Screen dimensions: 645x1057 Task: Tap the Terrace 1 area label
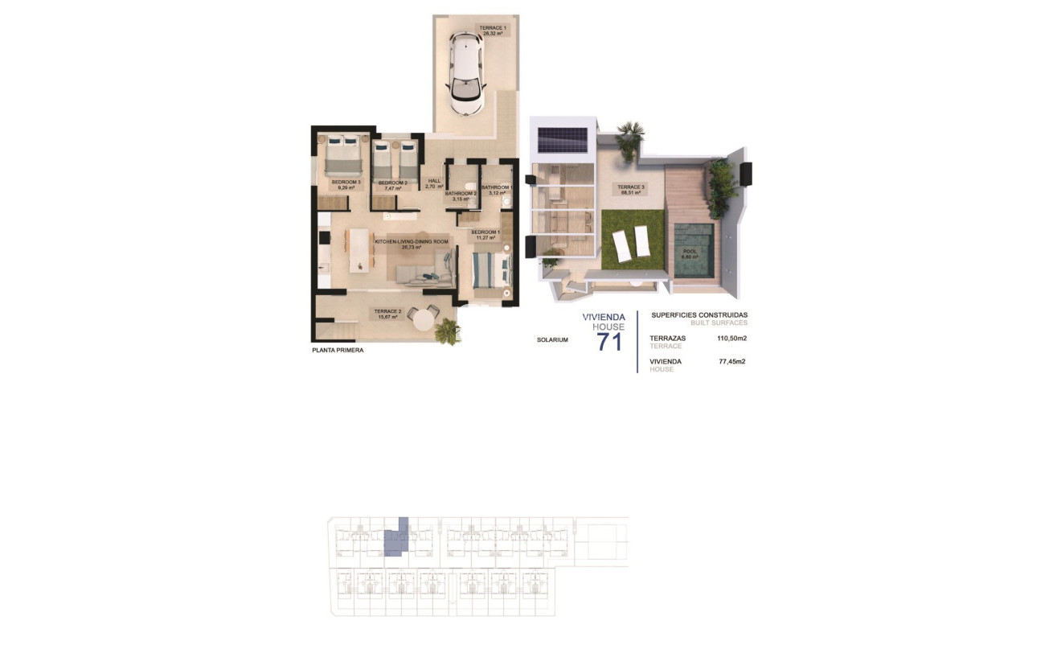(x=493, y=31)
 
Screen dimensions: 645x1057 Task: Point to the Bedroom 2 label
(x=393, y=185)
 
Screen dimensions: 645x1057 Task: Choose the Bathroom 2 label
(x=461, y=195)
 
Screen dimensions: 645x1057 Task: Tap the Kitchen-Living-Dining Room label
(x=411, y=244)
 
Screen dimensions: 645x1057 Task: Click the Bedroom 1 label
(x=485, y=235)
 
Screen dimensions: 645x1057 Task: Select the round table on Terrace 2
(x=422, y=318)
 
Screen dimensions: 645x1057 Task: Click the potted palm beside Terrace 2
(x=446, y=331)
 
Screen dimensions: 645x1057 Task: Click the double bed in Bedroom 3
(x=345, y=154)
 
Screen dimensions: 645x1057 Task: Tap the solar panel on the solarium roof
(x=563, y=140)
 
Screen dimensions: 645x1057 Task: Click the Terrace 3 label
(x=631, y=190)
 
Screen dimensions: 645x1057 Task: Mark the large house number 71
(x=609, y=342)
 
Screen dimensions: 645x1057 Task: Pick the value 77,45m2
(x=731, y=362)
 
